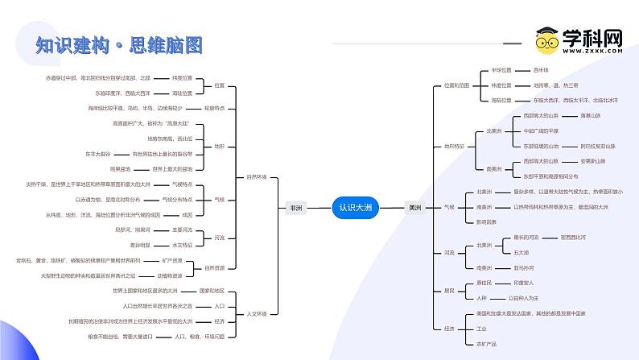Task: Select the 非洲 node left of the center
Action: point(297,207)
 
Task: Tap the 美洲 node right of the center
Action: point(414,207)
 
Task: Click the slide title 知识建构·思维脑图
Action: point(118,45)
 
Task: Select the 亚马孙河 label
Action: point(523,267)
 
